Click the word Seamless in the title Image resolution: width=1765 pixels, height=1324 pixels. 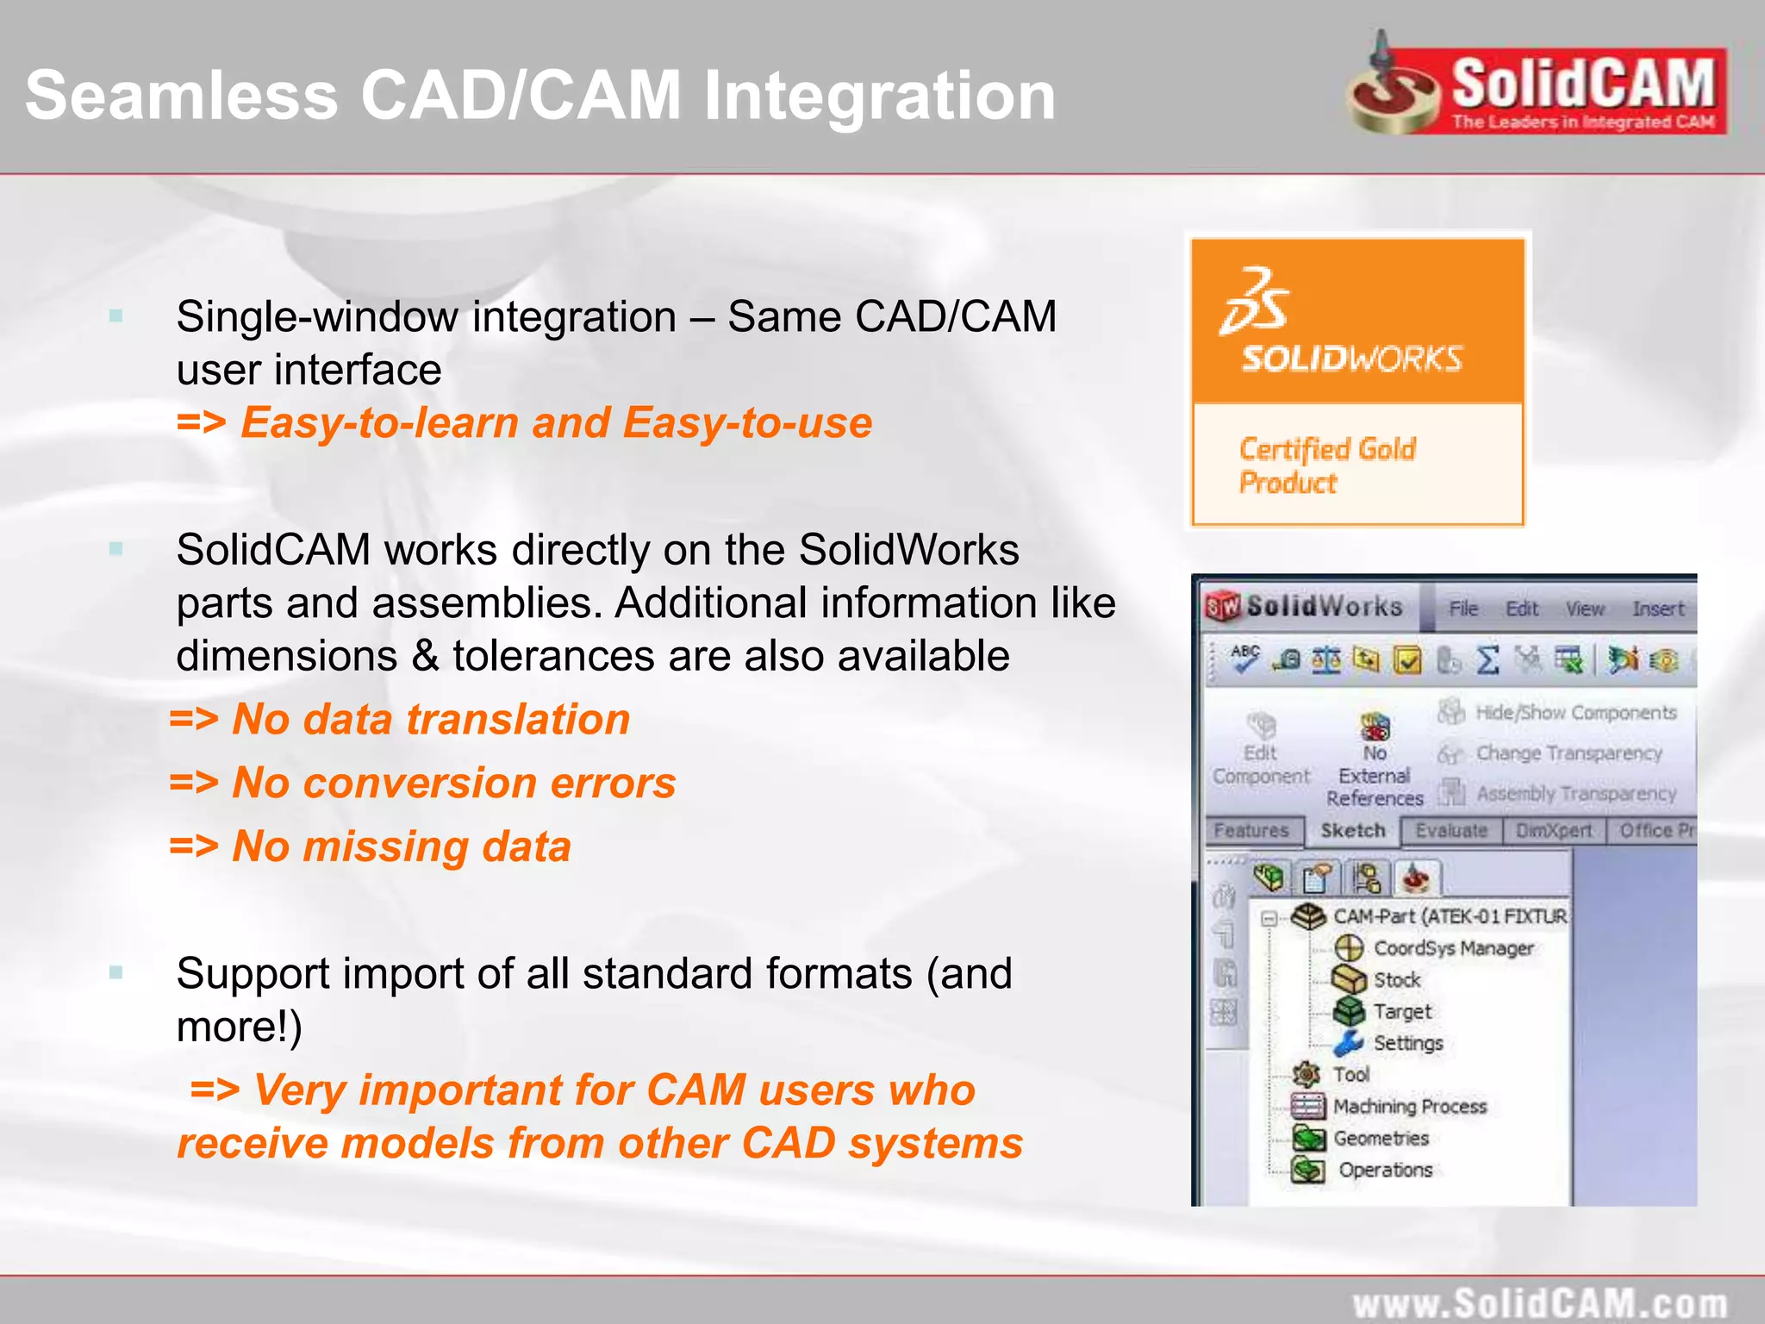pyautogui.click(x=181, y=95)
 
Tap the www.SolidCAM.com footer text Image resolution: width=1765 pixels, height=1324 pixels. pyautogui.click(x=1539, y=1302)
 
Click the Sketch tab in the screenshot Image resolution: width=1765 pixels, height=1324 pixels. pyautogui.click(x=1352, y=830)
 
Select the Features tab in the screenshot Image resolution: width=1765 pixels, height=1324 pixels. pyautogui.click(x=1250, y=830)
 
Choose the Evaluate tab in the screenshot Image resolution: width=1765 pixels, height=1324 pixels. pyautogui.click(x=1451, y=830)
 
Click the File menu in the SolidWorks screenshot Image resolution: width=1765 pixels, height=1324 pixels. pyautogui.click(x=1463, y=609)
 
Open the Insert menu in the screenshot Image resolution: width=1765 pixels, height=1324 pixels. pyautogui.click(x=1657, y=609)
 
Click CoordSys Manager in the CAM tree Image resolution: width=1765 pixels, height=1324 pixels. pyautogui.click(x=1453, y=948)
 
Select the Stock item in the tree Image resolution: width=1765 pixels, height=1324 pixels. pyautogui.click(x=1396, y=980)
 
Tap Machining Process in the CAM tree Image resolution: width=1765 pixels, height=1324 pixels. pyautogui.click(x=1410, y=1106)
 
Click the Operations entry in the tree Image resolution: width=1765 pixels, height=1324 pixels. pyautogui.click(x=1385, y=1170)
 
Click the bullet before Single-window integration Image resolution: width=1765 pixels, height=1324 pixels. pyautogui.click(x=116, y=316)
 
